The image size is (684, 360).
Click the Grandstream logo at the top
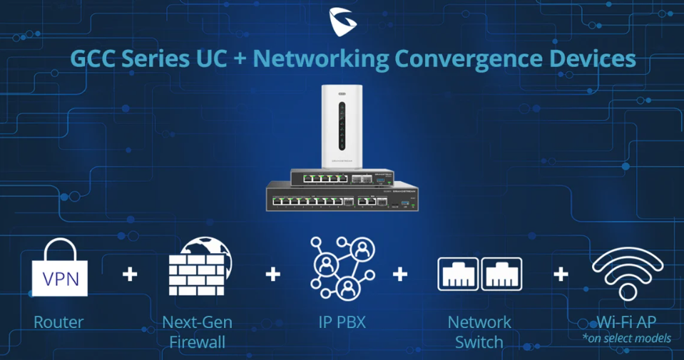coord(342,21)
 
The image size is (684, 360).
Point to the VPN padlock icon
coord(60,268)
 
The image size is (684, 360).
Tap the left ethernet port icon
coord(456,274)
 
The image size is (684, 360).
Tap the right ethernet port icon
coord(502,274)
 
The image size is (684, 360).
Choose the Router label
coord(58,322)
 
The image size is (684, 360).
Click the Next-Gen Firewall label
coord(197,331)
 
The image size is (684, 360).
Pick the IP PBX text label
coord(342,322)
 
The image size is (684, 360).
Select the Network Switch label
coord(479,331)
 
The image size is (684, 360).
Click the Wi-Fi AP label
coord(628,322)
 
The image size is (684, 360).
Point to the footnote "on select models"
coord(628,338)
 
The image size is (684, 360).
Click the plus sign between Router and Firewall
coord(129,274)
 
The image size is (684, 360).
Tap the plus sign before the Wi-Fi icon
coord(561,274)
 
